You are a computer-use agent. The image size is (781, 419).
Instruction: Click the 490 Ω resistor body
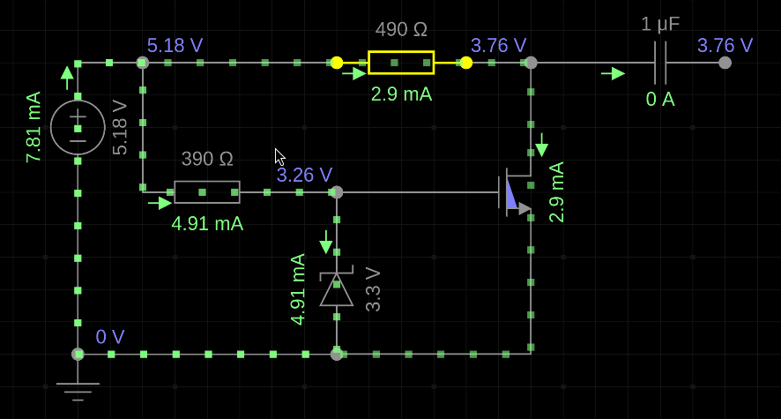click(401, 63)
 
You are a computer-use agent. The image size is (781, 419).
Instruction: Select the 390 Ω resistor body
click(207, 192)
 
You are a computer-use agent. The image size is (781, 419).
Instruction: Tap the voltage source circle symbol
click(78, 128)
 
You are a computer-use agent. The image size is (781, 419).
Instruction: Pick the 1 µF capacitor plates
click(660, 63)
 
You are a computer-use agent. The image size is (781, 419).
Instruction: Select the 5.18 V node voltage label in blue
click(175, 45)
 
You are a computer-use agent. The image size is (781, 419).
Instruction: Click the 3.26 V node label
click(304, 175)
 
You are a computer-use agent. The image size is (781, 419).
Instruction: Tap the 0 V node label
click(110, 337)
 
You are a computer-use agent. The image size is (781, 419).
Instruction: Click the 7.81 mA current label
click(33, 127)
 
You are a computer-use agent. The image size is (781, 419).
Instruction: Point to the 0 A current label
click(660, 99)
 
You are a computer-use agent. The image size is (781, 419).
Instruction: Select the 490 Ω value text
click(401, 29)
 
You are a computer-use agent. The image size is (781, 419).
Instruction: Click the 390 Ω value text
click(207, 159)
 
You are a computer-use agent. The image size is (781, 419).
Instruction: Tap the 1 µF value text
click(660, 24)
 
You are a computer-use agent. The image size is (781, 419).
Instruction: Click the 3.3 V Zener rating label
click(373, 289)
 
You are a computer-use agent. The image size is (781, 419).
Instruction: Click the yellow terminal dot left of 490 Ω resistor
click(337, 63)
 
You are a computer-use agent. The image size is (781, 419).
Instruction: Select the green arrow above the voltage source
click(67, 79)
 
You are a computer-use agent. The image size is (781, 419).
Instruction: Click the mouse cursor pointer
click(280, 157)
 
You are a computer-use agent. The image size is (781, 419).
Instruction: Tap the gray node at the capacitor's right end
click(725, 63)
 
